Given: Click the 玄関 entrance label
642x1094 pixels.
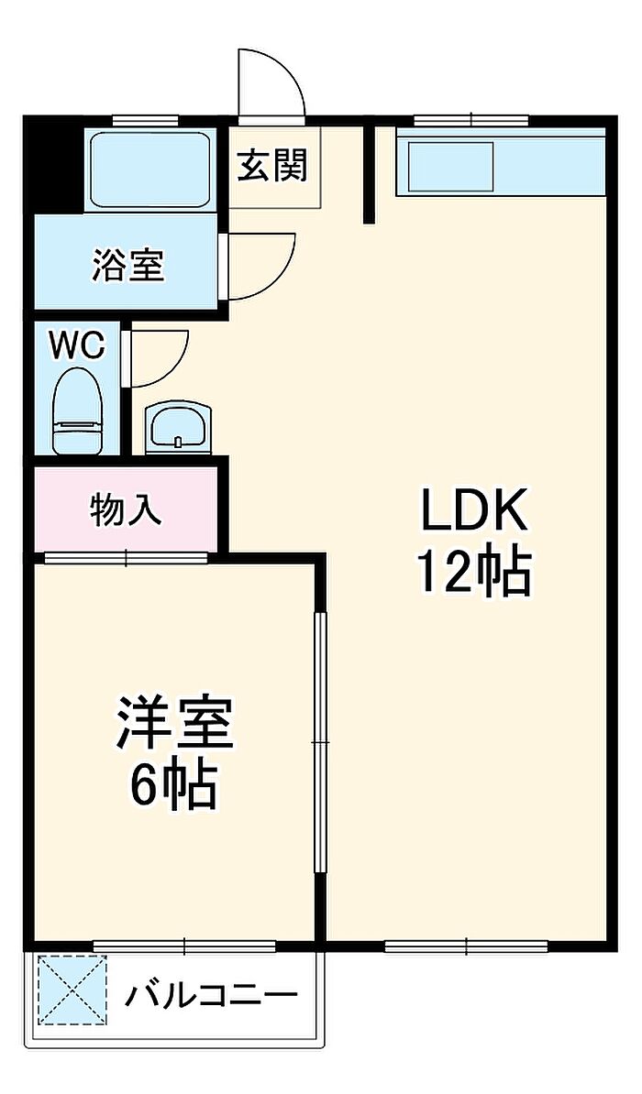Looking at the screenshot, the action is pos(272,166).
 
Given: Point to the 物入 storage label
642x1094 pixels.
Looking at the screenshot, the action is pos(127,510).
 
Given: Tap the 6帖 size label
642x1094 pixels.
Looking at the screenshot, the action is pos(172,785).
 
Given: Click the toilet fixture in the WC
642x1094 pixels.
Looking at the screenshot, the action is pos(79,411).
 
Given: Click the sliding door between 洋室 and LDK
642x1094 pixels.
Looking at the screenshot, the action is pos(320,742).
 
